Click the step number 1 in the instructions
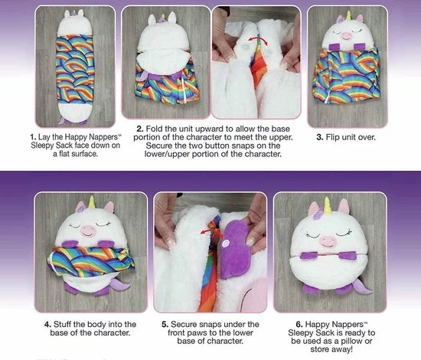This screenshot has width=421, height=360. click(x=33, y=137)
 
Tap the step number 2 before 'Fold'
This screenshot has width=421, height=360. click(x=140, y=129)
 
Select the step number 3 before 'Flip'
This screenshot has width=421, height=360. click(x=319, y=137)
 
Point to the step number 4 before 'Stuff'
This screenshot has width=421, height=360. click(x=47, y=325)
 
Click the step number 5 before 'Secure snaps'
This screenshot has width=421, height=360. click(x=165, y=325)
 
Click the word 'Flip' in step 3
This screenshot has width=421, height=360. click(x=332, y=138)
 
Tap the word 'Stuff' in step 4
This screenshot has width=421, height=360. click(x=62, y=324)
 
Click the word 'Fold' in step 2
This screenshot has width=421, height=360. click(x=154, y=129)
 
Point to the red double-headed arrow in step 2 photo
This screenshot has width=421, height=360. click(x=258, y=40)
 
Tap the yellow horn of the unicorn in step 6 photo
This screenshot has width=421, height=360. click(x=328, y=205)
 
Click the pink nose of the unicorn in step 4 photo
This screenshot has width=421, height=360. click(x=88, y=231)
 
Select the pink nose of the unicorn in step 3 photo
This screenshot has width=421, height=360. click(x=346, y=36)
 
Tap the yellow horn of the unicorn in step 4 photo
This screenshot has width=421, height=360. click(x=92, y=202)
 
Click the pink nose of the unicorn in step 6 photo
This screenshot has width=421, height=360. click(x=328, y=241)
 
